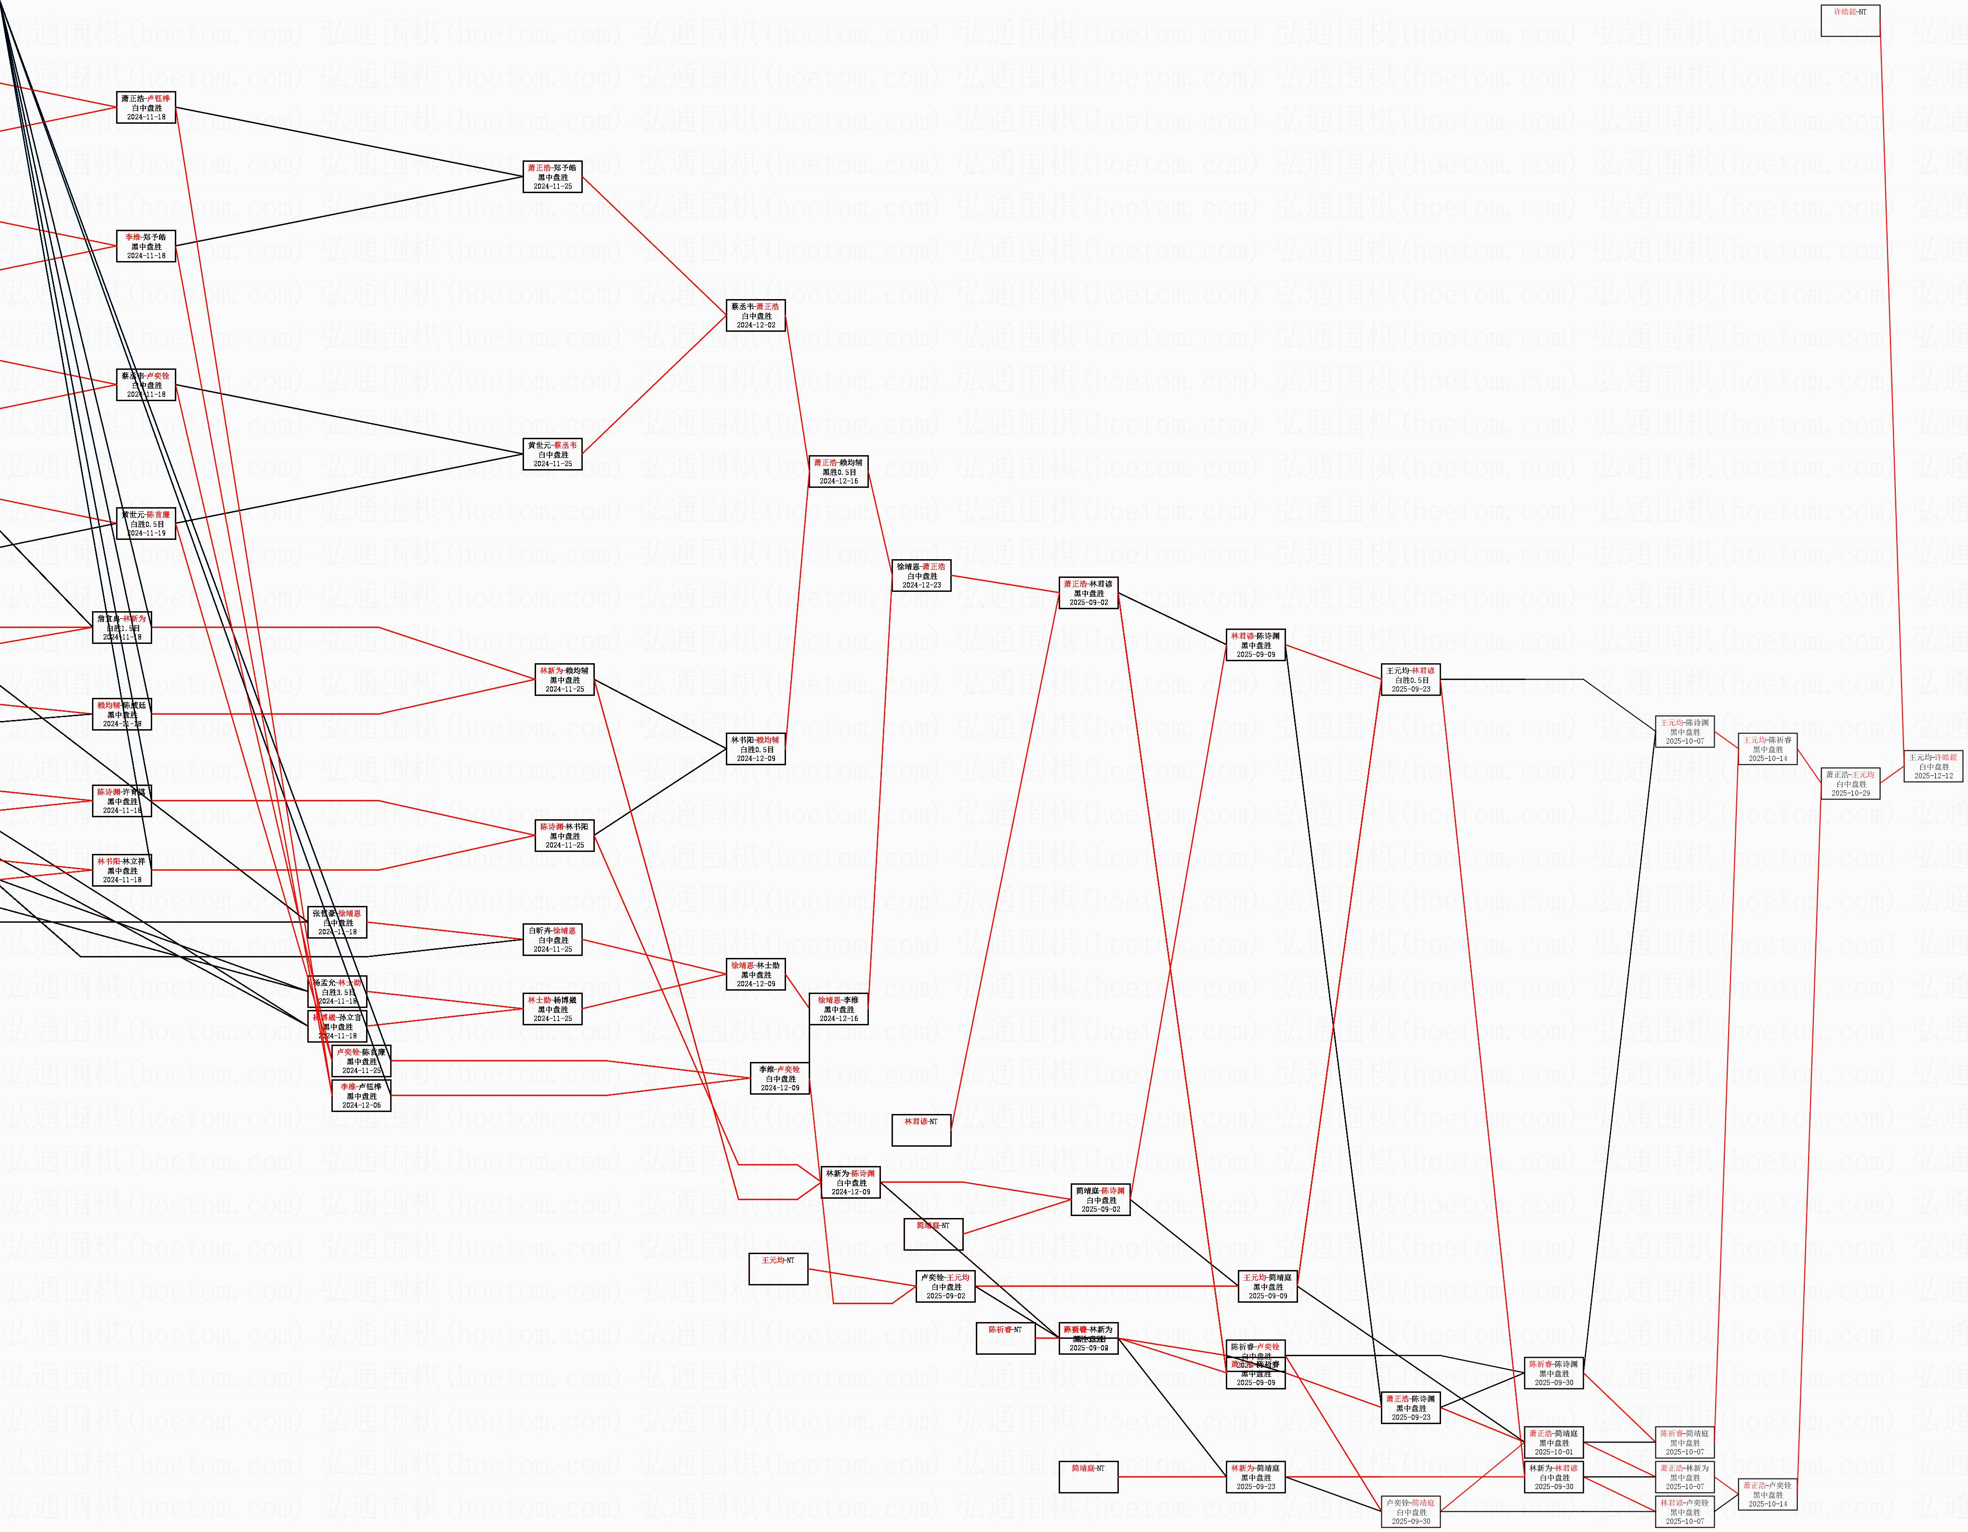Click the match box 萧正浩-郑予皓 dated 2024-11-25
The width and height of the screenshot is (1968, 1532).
pos(552,177)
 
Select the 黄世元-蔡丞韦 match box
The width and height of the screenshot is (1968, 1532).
pos(552,454)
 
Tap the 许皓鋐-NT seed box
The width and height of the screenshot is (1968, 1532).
pos(1850,20)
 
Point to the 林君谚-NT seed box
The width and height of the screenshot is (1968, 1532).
pos(921,1130)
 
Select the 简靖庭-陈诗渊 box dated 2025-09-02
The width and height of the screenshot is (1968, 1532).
pos(1100,1200)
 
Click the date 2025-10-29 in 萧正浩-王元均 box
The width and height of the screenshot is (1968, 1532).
pos(1850,793)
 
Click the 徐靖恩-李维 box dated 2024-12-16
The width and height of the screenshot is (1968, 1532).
pos(838,1008)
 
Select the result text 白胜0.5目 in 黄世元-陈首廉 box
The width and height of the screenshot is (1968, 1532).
pos(147,524)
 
